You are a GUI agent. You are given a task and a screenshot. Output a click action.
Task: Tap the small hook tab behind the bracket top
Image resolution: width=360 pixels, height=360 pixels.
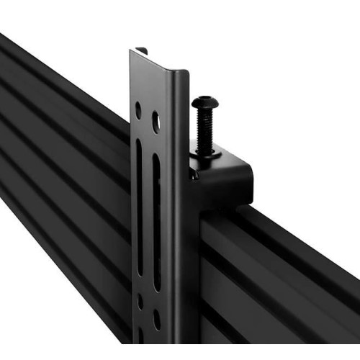(143, 50)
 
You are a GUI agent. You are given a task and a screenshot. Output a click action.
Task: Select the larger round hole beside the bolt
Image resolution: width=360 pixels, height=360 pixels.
(156, 122)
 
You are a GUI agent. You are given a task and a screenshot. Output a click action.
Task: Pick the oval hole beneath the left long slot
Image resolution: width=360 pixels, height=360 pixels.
(140, 301)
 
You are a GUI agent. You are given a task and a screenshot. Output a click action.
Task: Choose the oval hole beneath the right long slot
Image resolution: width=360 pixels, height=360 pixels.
(157, 319)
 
